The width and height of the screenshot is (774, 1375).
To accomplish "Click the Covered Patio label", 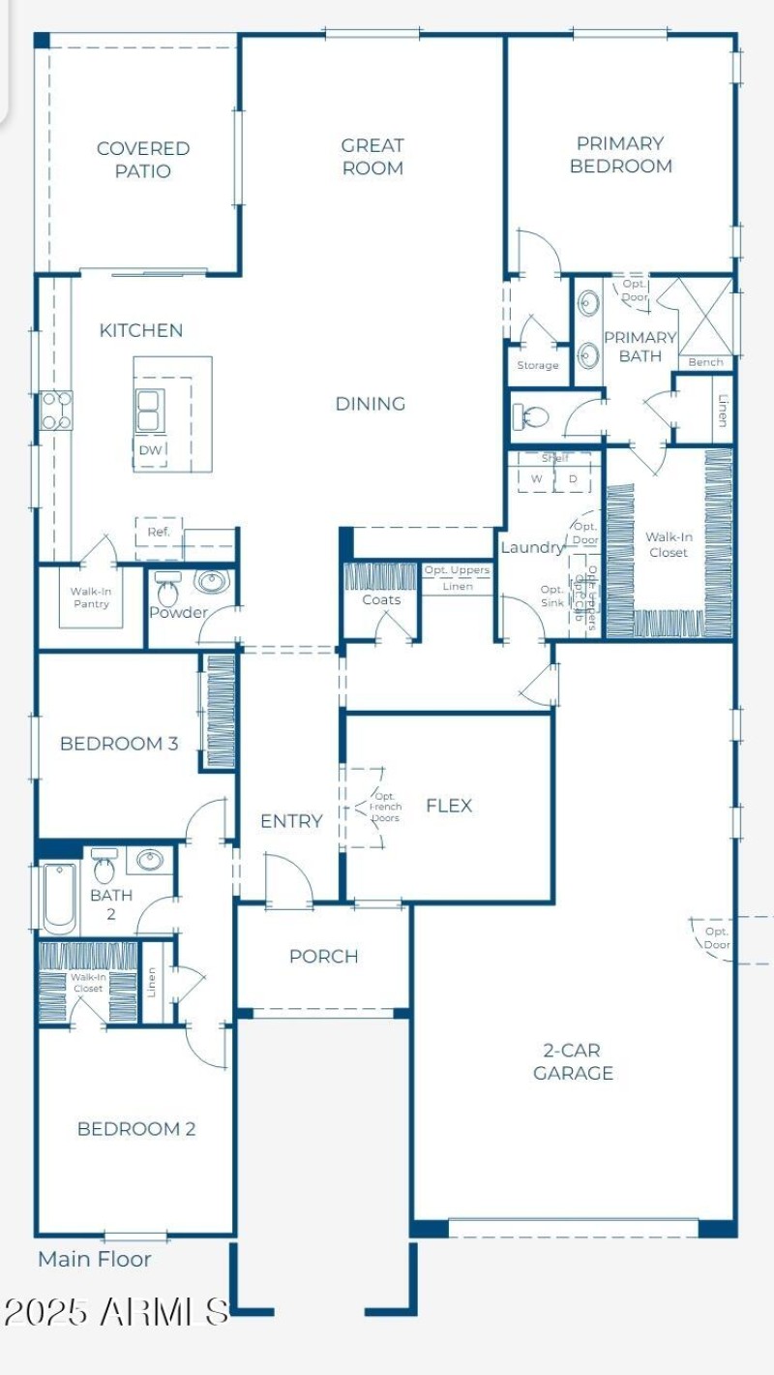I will [x=142, y=160].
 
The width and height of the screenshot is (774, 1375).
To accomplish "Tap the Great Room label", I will [x=372, y=157].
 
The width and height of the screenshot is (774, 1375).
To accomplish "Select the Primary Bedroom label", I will [x=620, y=155].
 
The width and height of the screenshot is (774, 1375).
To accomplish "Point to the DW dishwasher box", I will [x=150, y=451].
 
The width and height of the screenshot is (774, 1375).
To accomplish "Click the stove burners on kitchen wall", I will [x=55, y=410].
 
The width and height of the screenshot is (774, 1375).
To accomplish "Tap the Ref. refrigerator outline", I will [x=159, y=533].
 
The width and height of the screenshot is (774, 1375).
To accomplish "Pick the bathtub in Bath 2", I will [x=59, y=897].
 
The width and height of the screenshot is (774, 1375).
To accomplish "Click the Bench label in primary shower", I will [x=705, y=362].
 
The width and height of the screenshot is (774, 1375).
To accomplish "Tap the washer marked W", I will [x=536, y=478].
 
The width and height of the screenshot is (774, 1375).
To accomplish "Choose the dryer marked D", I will [x=572, y=478].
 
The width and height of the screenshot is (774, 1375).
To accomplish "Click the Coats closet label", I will [x=381, y=600].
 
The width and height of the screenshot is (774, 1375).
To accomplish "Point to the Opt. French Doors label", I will [x=385, y=807].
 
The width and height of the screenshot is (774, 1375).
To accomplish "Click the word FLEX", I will [x=449, y=806].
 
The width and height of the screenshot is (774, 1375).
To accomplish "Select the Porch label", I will [x=323, y=957].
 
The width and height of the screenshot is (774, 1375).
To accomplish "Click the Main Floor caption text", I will [x=95, y=1259].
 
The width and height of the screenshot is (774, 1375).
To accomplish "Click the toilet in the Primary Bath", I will [x=530, y=418].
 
